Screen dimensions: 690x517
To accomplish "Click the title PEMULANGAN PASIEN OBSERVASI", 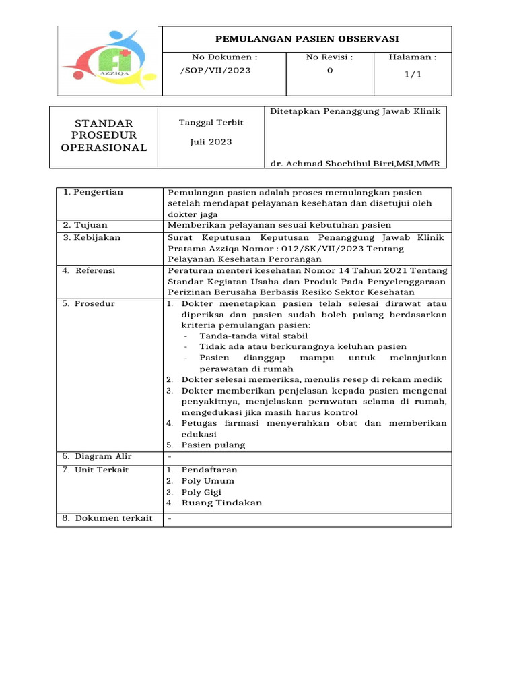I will point(306,39).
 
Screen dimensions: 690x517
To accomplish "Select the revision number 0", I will point(329,71).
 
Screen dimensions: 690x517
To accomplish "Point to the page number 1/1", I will point(413,75).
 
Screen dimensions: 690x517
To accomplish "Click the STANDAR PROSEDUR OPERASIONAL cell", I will point(104,135).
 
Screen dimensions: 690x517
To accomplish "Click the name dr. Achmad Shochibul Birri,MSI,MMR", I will point(354,164).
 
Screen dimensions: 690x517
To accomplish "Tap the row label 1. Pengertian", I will point(94,193).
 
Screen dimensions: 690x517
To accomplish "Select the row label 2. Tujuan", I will point(85,225).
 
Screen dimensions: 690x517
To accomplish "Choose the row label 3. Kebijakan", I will point(91,237).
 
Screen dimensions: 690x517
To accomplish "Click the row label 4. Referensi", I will point(90,270).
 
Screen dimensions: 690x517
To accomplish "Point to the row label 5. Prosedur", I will point(89,303).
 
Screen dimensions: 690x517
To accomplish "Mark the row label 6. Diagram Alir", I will point(98,457).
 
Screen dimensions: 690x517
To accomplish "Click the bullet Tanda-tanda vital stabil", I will point(253,336).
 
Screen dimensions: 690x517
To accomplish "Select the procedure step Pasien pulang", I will point(213,445).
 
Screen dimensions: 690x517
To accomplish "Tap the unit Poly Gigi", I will point(201,492).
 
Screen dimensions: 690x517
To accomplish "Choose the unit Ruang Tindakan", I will point(221,503).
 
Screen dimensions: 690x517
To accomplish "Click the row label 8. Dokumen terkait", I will point(108,518).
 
